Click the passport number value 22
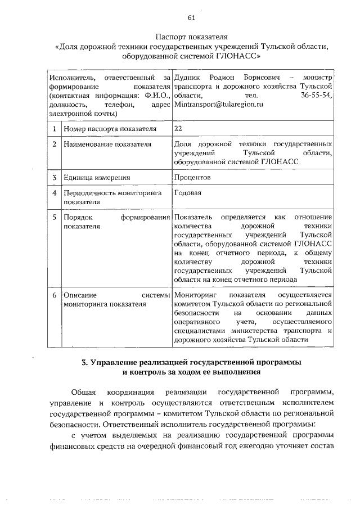point(179,129)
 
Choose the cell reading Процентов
point(192,178)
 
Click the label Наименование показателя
point(107,145)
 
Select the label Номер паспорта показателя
point(106,129)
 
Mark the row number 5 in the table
point(54,217)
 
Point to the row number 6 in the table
point(54,295)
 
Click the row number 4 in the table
point(54,193)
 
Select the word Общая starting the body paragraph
point(84,391)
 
